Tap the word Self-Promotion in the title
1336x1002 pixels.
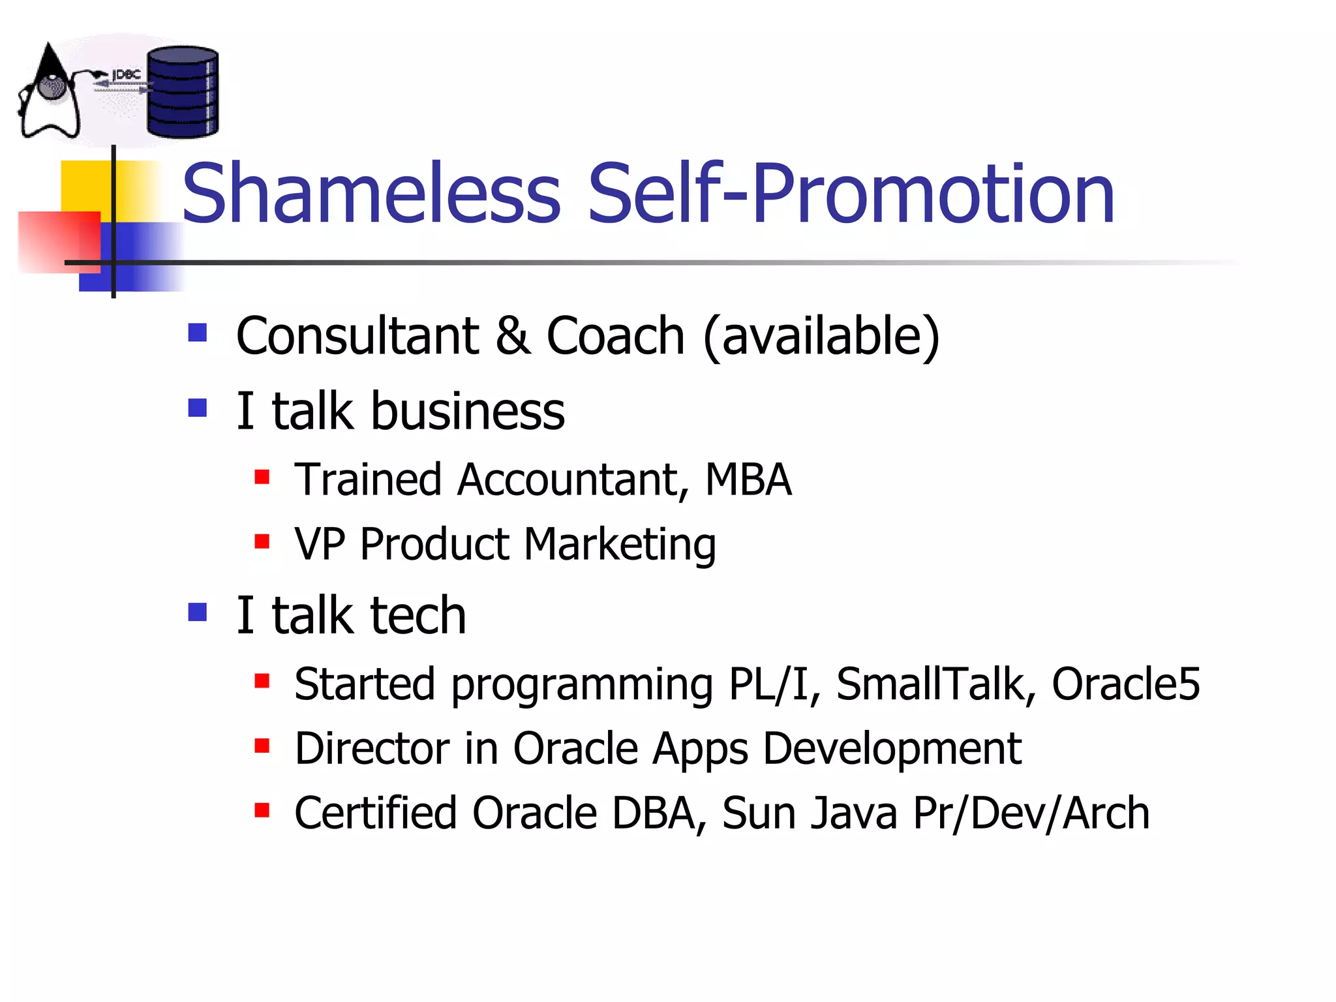coord(851,193)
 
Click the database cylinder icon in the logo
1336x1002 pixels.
coord(182,92)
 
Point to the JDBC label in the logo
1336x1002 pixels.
coord(126,74)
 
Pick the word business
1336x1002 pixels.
coord(467,412)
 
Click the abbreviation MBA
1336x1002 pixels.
coord(748,480)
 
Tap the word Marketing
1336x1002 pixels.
coord(620,544)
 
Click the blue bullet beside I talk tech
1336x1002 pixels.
coord(197,612)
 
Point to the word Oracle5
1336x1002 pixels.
coord(1125,684)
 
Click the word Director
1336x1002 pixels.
coord(371,748)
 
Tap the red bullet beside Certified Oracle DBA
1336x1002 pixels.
coord(262,810)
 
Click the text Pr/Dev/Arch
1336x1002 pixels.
coord(1031,813)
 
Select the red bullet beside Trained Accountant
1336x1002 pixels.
coord(262,477)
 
